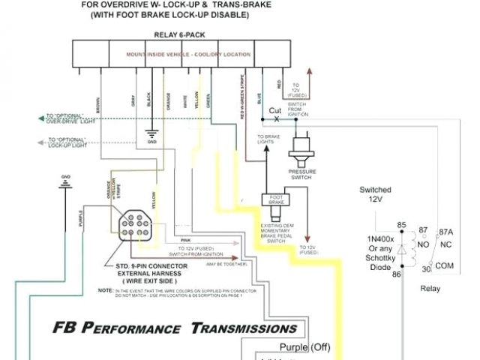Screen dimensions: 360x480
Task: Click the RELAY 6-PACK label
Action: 184,34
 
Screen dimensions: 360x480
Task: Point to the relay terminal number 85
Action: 401,225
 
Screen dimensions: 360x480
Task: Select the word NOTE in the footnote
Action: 105,289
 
